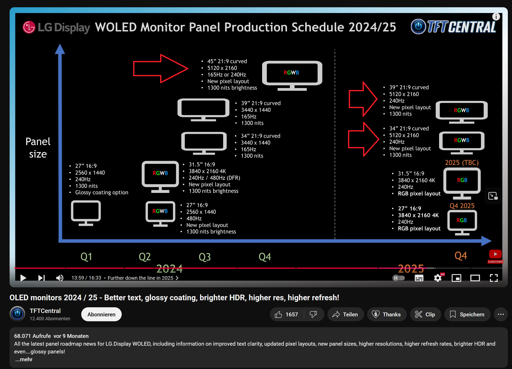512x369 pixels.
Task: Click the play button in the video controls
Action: click(x=23, y=278)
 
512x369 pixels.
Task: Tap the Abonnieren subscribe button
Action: click(x=101, y=314)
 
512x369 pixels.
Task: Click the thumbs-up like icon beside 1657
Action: click(x=278, y=315)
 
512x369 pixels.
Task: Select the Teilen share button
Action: click(x=345, y=315)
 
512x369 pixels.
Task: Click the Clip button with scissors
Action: click(x=425, y=315)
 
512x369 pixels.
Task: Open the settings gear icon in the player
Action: click(x=438, y=278)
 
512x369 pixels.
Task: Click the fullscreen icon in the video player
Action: click(x=494, y=278)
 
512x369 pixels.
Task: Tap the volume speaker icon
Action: click(x=60, y=278)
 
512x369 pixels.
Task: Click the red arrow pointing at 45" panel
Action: click(x=160, y=69)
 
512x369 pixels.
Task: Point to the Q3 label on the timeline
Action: click(x=204, y=257)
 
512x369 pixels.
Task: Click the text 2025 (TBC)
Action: click(x=462, y=163)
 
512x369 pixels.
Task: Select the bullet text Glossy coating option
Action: click(x=101, y=192)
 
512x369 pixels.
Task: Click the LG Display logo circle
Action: click(x=29, y=27)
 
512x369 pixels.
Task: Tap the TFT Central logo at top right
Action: click(x=454, y=27)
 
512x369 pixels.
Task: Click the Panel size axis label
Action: click(x=38, y=148)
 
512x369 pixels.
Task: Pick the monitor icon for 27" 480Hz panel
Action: click(x=160, y=213)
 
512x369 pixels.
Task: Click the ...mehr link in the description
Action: click(x=24, y=359)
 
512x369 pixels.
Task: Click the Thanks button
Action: click(x=387, y=315)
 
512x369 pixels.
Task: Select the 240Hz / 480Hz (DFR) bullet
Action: click(x=214, y=178)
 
